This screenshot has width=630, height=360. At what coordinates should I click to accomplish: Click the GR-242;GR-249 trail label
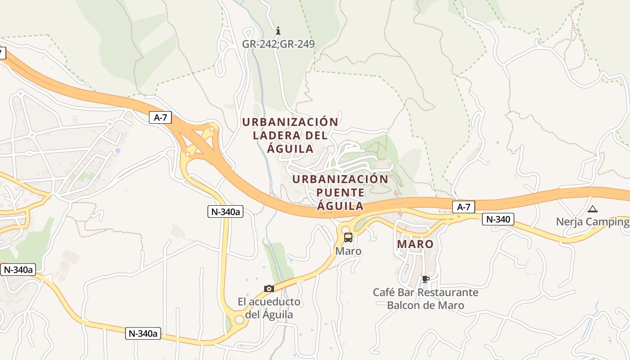[x=278, y=44]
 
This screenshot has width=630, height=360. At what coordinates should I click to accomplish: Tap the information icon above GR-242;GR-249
[x=278, y=31]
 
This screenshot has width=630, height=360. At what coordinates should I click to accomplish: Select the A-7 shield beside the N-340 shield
[x=463, y=207]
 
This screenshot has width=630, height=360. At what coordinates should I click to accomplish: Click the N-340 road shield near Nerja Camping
[x=498, y=219]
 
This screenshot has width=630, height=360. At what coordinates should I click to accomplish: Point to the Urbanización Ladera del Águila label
[x=290, y=135]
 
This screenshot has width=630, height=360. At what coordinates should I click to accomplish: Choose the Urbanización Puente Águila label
[x=340, y=193]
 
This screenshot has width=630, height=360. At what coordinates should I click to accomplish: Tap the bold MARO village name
[x=415, y=244]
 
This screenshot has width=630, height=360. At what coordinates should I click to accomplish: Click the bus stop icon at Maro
[x=348, y=238]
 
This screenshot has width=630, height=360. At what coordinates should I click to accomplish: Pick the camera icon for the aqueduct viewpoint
[x=269, y=288]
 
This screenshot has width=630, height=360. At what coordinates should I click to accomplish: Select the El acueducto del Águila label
[x=269, y=308]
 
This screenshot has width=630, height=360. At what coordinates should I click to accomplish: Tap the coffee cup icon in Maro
[x=425, y=279]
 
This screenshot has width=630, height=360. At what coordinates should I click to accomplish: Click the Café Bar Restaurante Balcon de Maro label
[x=425, y=299]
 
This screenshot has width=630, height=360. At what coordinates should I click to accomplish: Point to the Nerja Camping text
[x=592, y=222]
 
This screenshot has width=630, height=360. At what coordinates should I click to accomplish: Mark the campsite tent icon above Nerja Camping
[x=593, y=209]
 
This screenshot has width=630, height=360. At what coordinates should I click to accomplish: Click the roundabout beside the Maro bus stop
[x=346, y=229]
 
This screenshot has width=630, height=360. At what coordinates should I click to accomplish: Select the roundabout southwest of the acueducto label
[x=239, y=319]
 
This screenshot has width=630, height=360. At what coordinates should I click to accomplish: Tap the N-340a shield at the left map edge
[x=18, y=270]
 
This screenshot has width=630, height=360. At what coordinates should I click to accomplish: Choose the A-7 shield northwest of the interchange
[x=161, y=117]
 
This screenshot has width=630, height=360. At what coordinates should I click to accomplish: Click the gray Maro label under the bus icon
[x=348, y=251]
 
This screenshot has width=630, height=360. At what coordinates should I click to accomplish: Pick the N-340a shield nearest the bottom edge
[x=143, y=333]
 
